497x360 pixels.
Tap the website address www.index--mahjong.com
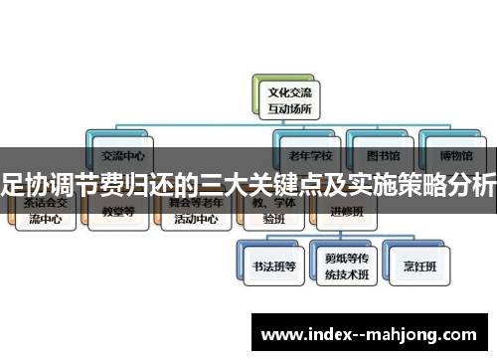pos(373,331)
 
